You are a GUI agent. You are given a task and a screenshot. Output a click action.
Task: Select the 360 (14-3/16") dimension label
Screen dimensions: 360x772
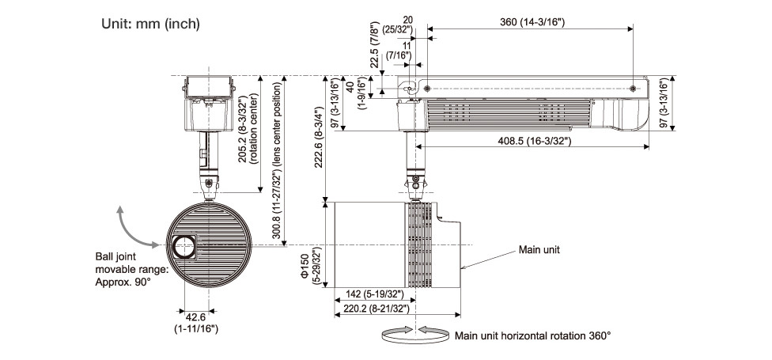[531, 23]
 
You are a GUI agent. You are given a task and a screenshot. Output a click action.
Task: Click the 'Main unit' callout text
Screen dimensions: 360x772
[539, 249]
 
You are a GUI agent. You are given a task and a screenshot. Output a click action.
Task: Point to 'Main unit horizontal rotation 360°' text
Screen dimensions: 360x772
[532, 335]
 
